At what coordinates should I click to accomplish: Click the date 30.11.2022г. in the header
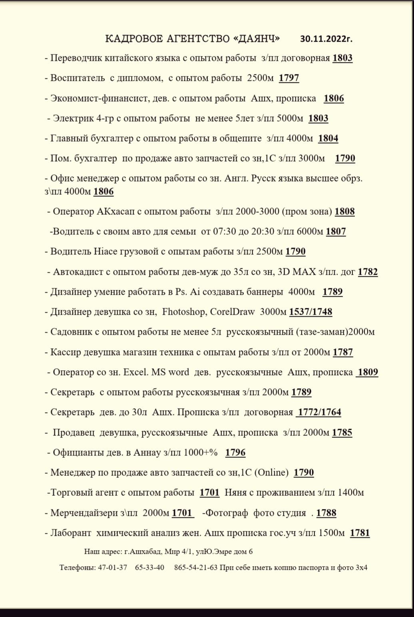point(326,39)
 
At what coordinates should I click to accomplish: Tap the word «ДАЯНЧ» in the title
point(256,39)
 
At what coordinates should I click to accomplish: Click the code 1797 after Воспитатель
point(289,78)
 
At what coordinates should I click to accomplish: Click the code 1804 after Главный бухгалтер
point(328,138)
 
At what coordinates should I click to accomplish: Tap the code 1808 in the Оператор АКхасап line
point(344,212)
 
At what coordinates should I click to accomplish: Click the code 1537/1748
point(310,312)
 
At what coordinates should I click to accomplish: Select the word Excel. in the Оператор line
point(136,372)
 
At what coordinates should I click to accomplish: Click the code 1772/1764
point(319,412)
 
